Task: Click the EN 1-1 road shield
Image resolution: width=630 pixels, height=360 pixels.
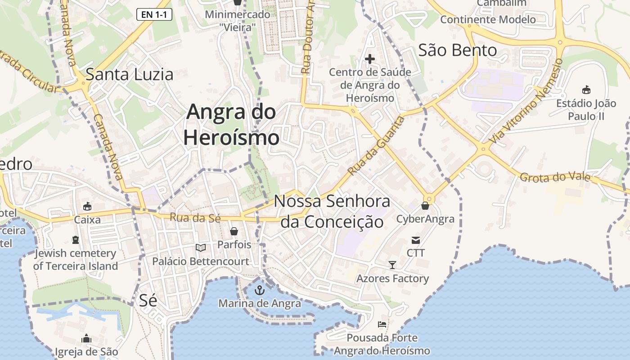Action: (x=154, y=14)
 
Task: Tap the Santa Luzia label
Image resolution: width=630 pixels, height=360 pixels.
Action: (x=129, y=74)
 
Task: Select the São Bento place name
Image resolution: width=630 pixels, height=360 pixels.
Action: (x=457, y=50)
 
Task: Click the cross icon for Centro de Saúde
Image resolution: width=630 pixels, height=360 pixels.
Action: (x=369, y=59)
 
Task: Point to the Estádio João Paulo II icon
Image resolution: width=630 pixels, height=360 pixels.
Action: (x=586, y=90)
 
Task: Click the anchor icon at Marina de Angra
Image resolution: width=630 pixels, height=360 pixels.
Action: (x=259, y=290)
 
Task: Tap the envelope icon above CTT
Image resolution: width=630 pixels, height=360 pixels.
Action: (x=415, y=240)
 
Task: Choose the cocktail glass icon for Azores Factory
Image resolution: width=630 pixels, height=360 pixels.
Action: (x=392, y=265)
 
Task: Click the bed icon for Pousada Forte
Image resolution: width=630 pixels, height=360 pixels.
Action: (x=382, y=324)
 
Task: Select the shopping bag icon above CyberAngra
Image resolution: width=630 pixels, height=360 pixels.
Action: (x=425, y=206)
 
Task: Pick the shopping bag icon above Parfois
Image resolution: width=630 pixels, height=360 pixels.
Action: (x=234, y=231)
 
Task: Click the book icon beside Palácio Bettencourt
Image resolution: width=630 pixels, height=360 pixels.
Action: (x=201, y=247)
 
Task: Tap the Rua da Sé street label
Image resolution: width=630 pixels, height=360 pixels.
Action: (x=195, y=218)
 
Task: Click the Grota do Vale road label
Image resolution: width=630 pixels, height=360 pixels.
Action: (x=554, y=177)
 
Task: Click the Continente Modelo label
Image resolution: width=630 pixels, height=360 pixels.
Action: (x=488, y=19)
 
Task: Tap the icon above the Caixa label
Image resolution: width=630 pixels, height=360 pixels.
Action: (x=87, y=207)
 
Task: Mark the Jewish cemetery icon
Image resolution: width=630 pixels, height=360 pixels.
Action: (x=75, y=240)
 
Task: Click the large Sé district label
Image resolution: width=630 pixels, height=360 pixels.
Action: (x=148, y=300)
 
